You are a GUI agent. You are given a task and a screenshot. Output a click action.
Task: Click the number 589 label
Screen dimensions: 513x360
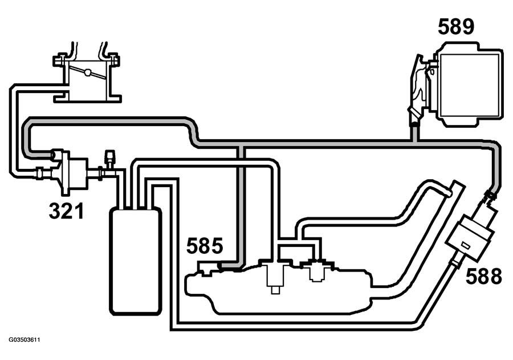pyautogui.click(x=456, y=27)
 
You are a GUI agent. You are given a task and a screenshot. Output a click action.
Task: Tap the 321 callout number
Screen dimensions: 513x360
pyautogui.click(x=67, y=211)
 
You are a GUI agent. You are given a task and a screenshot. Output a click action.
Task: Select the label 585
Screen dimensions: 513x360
pyautogui.click(x=205, y=246)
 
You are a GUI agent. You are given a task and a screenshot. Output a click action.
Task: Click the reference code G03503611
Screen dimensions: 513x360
pyautogui.click(x=25, y=340)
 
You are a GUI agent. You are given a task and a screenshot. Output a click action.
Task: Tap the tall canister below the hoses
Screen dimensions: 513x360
pyautogui.click(x=136, y=261)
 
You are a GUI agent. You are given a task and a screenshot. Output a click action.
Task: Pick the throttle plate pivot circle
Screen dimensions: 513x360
pyautogui.click(x=87, y=72)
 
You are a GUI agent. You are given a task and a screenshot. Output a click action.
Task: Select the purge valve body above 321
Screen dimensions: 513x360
pyautogui.click(x=74, y=172)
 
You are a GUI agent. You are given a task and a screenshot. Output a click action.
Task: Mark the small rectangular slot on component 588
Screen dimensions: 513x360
pyautogui.click(x=465, y=246)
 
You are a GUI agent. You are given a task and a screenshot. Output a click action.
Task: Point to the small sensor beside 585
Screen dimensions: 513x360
pyautogui.click(x=207, y=268)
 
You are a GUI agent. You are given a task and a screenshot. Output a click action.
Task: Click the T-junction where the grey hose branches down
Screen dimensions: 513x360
pyautogui.click(x=241, y=144)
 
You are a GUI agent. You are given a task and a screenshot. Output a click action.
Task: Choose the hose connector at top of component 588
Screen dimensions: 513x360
pyautogui.click(x=490, y=196)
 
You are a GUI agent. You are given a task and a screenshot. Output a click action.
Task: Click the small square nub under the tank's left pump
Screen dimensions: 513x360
pyautogui.click(x=275, y=290)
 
